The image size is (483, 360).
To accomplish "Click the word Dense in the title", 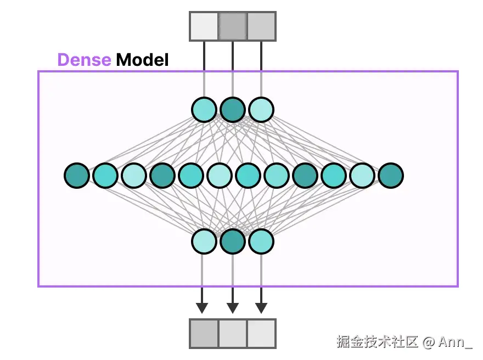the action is click(84, 60).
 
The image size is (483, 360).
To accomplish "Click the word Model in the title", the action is click(142, 60).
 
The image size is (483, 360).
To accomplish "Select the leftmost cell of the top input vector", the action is click(204, 26).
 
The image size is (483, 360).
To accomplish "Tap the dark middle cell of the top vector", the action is click(233, 26).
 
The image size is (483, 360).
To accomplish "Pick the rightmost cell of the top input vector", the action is click(261, 26).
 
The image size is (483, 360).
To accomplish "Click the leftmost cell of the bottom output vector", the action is click(204, 334).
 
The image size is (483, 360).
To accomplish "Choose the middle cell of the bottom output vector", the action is click(233, 334).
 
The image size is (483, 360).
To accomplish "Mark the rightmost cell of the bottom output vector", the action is click(261, 334).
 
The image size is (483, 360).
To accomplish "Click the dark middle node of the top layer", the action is click(233, 110).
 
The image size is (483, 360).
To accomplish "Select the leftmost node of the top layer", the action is click(204, 110).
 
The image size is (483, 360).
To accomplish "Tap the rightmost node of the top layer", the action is click(261, 110).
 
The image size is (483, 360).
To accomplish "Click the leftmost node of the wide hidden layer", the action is click(77, 176).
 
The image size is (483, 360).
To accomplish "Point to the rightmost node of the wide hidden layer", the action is click(391, 176).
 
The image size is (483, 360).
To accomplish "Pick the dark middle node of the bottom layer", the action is click(233, 241).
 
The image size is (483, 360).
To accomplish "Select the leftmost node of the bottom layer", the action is click(204, 241).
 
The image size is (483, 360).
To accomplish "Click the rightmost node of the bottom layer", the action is click(261, 241).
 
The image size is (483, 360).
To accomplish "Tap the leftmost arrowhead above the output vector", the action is click(202, 308).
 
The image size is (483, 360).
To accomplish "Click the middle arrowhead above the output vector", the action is click(233, 308).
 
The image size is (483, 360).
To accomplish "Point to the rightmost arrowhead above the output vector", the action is click(261, 308).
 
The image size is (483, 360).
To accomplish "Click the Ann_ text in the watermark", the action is click(455, 342).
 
